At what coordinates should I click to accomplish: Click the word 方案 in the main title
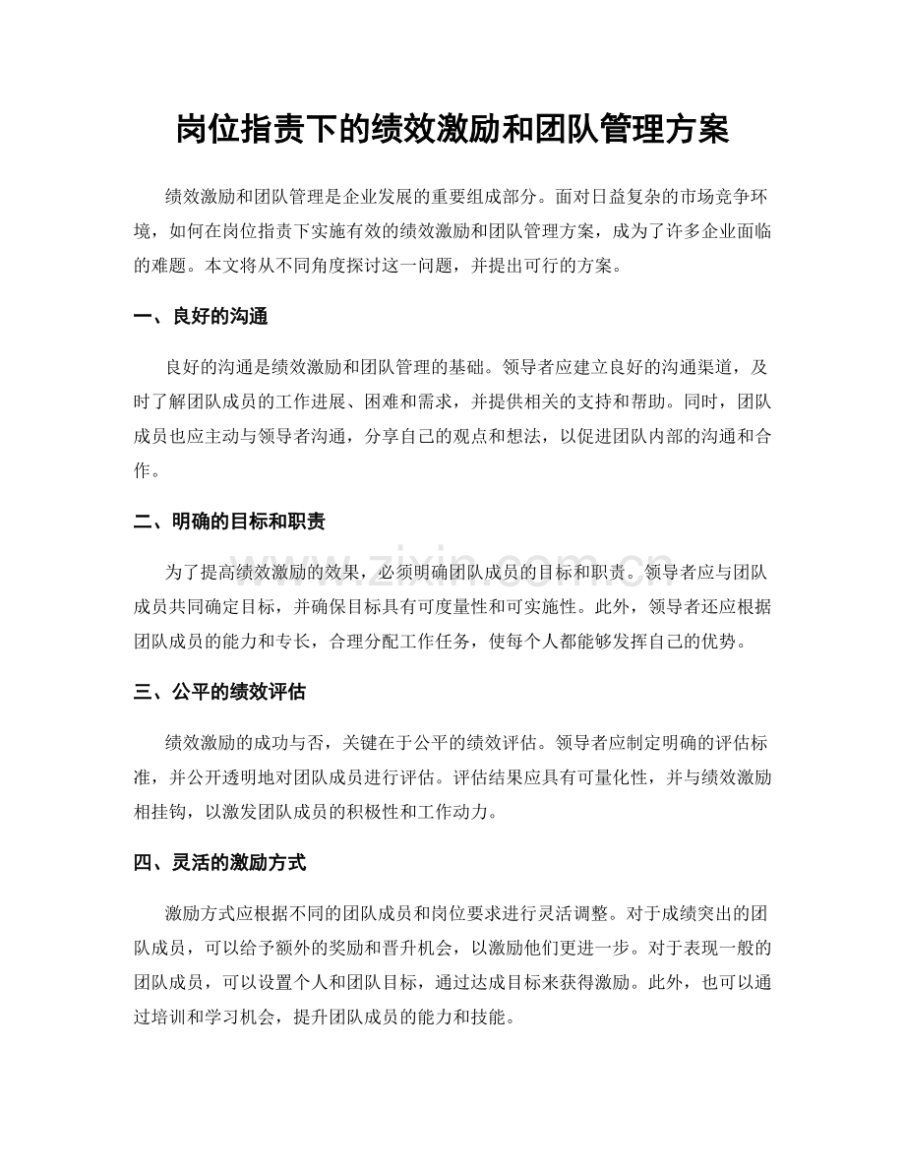(697, 129)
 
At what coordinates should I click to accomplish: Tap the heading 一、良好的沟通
(201, 317)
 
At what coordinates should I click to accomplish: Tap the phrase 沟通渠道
(664, 368)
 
